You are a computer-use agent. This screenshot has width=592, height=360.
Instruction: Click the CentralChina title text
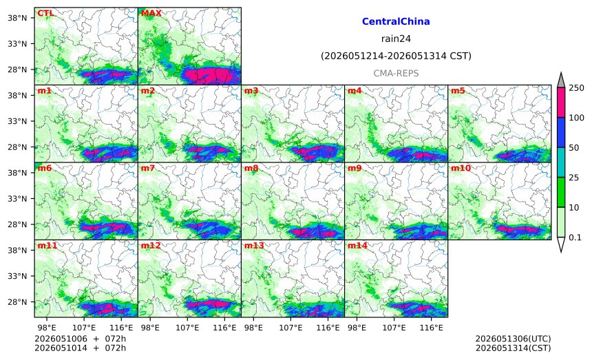pos(396,21)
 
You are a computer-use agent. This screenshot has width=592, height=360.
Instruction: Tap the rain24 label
pos(396,39)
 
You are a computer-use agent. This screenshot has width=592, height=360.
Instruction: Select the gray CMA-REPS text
pos(396,73)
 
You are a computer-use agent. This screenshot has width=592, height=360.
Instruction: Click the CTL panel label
pos(45,13)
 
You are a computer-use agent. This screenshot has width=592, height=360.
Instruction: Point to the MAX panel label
pos(151,13)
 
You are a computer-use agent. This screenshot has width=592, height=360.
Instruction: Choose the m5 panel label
pos(458,91)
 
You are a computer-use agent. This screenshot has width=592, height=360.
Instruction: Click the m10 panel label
pos(461,168)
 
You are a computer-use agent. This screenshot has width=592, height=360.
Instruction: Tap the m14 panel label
pos(357,246)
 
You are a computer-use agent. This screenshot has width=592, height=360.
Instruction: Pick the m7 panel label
pos(148,168)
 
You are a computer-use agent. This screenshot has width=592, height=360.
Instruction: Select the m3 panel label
pos(251,91)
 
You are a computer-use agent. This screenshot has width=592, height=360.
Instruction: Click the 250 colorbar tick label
pos(577,88)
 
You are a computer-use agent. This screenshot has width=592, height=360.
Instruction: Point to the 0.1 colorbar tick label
pos(575,237)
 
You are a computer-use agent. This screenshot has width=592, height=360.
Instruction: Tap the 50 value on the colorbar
pos(574,147)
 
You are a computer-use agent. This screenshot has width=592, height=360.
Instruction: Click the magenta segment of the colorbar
pos(561,103)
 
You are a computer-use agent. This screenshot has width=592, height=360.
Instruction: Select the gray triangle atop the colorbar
pos(561,81)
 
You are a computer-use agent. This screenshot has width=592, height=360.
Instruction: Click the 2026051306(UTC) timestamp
pos(513,339)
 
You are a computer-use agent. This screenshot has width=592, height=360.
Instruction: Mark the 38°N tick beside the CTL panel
pos(17,18)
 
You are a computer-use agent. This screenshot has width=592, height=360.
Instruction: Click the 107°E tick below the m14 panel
pos(394,328)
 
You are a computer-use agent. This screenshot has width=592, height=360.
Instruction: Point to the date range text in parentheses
pos(396,56)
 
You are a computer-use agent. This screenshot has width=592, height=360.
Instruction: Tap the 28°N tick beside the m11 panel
pos(17,302)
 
